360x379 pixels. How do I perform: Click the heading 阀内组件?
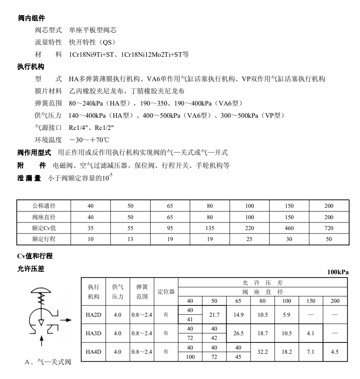[x=32, y=19]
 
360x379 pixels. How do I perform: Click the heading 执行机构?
[x=32, y=67]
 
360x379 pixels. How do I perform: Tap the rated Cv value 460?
[x=289, y=228]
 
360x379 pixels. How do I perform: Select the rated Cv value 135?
[x=210, y=228]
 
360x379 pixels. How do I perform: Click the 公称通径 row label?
[x=44, y=206]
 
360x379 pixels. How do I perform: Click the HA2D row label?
[x=93, y=315]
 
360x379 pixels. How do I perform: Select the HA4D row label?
[x=93, y=351]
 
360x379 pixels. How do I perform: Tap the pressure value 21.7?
[x=214, y=315]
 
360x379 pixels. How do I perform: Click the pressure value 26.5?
[x=238, y=333]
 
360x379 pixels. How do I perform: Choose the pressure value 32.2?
[x=262, y=351]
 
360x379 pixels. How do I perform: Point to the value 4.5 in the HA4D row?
[x=335, y=351]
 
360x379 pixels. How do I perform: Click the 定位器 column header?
[x=166, y=291]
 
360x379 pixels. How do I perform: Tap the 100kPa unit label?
[x=338, y=272]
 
